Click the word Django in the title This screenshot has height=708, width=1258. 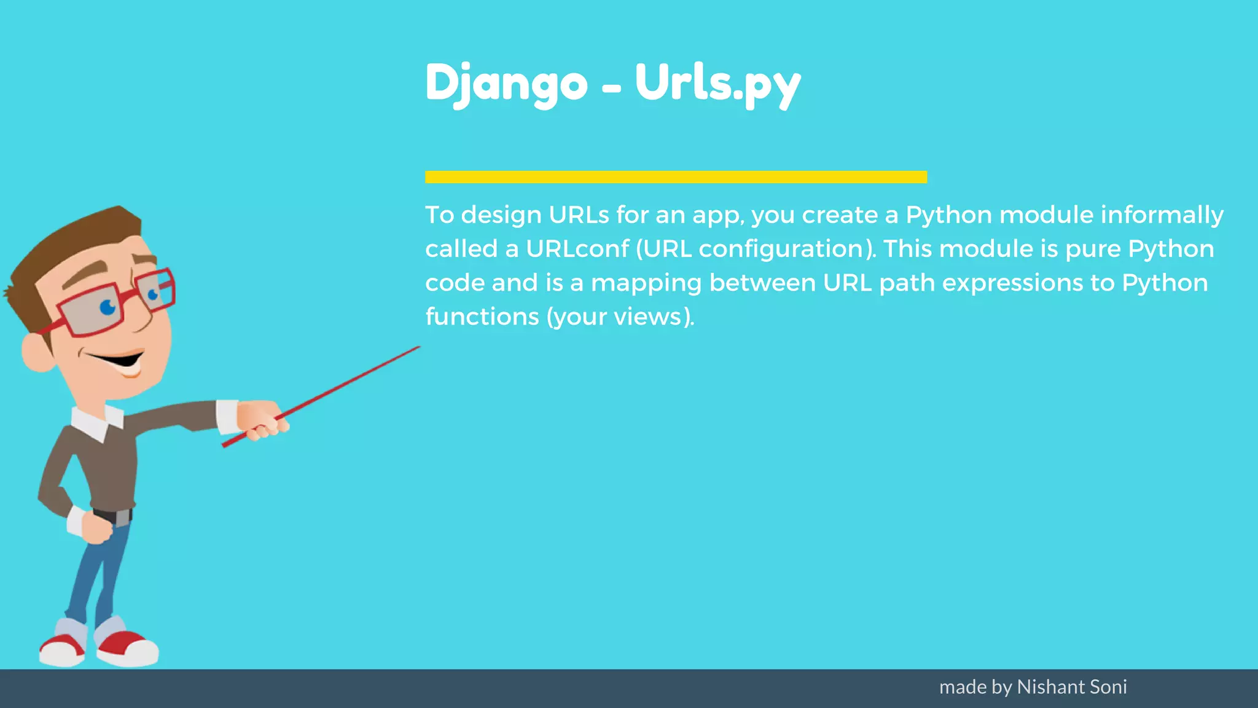(506, 84)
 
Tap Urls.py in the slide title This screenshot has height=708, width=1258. (717, 84)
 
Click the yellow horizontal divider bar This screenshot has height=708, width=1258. (676, 177)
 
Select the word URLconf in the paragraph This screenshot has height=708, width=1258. (577, 249)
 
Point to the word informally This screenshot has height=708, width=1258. (1162, 215)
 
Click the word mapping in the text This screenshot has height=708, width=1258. (646, 283)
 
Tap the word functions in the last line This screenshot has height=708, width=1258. (482, 317)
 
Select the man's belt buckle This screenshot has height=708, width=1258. (122, 517)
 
